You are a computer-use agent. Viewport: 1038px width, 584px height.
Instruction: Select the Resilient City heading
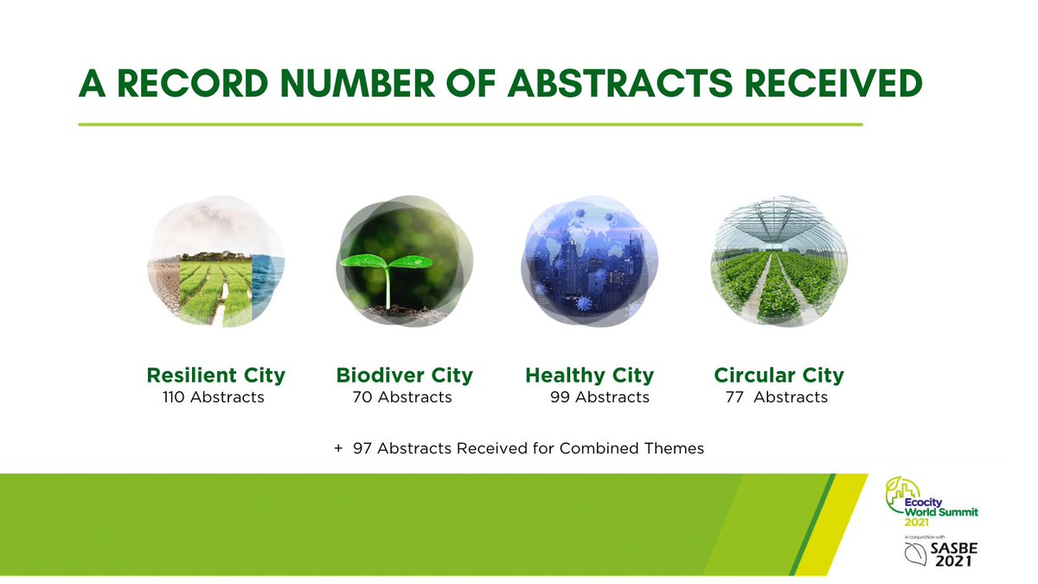(215, 375)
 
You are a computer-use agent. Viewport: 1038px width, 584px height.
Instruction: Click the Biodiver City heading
(404, 375)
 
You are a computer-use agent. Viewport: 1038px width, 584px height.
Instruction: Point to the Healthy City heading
(589, 375)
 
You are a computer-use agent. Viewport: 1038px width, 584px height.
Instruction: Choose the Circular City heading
(778, 375)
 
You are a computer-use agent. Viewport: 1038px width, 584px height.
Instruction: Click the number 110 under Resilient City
(176, 398)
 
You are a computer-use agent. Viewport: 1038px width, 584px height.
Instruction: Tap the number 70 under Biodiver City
(362, 398)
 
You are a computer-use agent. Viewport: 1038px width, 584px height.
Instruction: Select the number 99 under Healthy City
(560, 398)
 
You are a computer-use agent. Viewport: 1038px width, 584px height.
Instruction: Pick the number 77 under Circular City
(734, 398)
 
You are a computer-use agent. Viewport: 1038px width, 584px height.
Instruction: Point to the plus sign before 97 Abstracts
(337, 449)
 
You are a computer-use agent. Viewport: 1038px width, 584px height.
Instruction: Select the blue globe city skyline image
(590, 264)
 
